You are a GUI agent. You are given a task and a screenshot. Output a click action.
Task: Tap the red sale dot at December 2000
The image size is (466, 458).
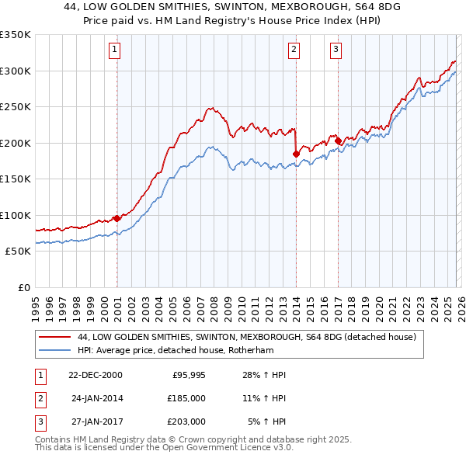click(116, 218)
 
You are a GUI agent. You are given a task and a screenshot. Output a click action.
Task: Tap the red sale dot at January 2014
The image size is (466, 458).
click(296, 154)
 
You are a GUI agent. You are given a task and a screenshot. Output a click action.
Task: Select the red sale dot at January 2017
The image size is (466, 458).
click(338, 141)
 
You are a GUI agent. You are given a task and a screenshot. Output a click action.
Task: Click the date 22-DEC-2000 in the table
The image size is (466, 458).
click(96, 375)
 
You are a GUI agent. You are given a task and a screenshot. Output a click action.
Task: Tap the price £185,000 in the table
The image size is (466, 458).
click(186, 398)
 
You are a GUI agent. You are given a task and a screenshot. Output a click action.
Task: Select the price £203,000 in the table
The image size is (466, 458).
click(186, 422)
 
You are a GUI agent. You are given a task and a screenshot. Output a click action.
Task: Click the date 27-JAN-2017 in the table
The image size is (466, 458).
click(96, 422)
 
